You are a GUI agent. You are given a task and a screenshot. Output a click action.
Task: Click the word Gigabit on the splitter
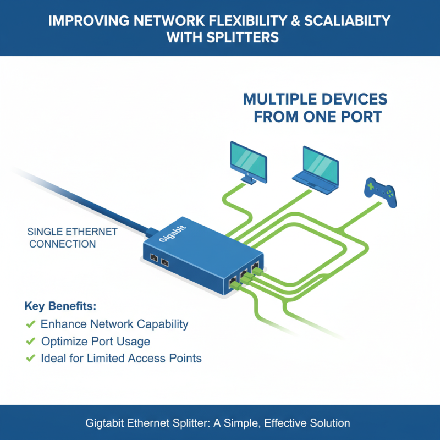click(173, 233)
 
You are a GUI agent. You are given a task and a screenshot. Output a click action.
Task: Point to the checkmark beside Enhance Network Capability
click(31, 324)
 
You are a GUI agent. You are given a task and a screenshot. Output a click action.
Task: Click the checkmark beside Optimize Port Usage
click(31, 342)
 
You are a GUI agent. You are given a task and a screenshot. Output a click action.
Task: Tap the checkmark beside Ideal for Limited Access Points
click(31, 359)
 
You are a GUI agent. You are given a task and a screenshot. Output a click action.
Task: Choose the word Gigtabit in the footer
click(109, 424)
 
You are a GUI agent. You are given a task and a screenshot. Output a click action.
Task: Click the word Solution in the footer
click(330, 424)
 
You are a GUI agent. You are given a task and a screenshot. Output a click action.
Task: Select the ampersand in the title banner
click(277, 21)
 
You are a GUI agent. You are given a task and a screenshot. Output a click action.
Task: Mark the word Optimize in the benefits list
click(64, 342)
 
